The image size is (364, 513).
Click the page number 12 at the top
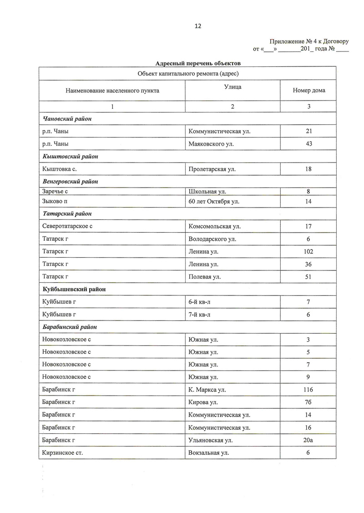(198, 26)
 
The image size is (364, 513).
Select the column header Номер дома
(309, 91)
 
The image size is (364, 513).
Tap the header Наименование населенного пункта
(112, 91)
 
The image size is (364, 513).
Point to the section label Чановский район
(67, 119)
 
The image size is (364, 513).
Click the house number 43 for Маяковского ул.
(308, 144)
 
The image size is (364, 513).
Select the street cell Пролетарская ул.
(212, 169)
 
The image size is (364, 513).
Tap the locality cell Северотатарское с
(67, 226)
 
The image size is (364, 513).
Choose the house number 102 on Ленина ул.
(308, 251)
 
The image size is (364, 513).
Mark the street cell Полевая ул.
(204, 277)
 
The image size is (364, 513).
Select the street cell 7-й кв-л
(199, 314)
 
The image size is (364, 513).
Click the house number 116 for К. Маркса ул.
(308, 390)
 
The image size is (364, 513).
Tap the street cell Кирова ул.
(203, 402)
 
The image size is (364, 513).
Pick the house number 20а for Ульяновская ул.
(308, 440)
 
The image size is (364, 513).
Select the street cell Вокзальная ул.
(208, 453)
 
